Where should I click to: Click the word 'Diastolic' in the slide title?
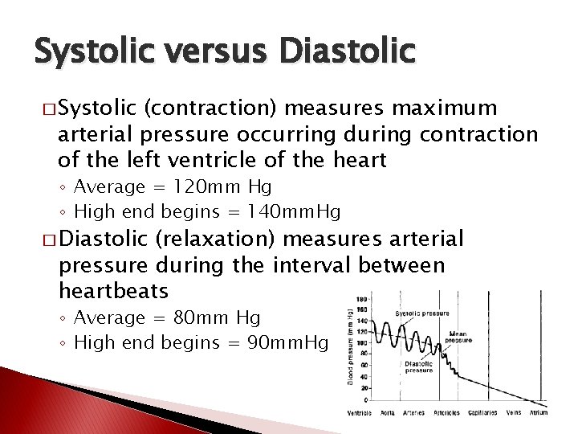pos(349,51)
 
